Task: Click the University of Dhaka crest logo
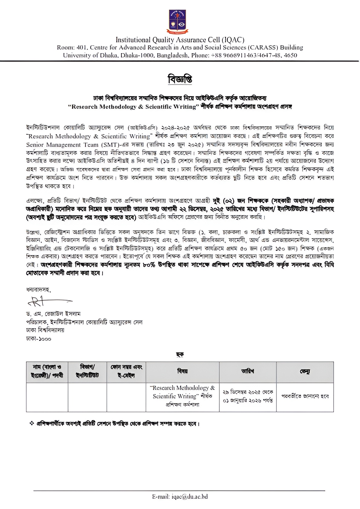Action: (177, 22)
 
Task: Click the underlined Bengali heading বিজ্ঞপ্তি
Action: (180, 79)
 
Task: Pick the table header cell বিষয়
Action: (182, 371)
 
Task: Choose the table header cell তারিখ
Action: (247, 371)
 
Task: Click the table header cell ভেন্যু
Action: (305, 371)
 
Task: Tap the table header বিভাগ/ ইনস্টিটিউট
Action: (87, 371)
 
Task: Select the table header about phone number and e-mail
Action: (126, 371)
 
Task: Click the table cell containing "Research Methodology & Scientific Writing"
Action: (182, 396)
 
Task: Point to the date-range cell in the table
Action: (247, 396)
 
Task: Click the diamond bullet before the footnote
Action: (31, 423)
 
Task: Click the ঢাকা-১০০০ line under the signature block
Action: (39, 339)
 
